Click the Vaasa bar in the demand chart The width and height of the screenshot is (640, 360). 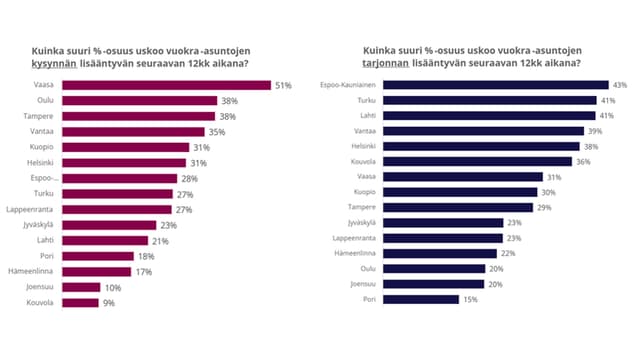click(166, 86)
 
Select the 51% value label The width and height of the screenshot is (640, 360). click(283, 86)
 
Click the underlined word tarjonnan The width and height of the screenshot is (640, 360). click(385, 64)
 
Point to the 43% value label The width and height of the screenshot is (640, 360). click(619, 85)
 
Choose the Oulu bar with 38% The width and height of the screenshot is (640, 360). click(139, 101)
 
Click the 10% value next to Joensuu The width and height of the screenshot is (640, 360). click(114, 287)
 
